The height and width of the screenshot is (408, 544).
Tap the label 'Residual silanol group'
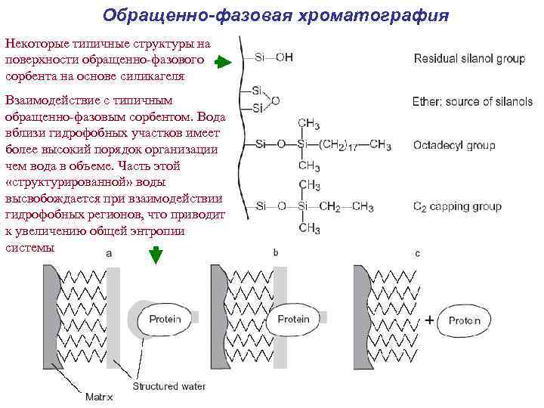pyautogui.click(x=469, y=58)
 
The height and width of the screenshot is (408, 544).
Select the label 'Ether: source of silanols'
pyautogui.click(x=472, y=102)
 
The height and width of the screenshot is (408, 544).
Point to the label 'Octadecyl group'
pyautogui.click(x=454, y=145)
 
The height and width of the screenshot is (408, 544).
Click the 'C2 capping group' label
pyautogui.click(x=457, y=206)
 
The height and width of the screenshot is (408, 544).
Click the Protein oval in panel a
pyautogui.click(x=165, y=320)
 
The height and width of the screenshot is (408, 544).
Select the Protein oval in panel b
pyautogui.click(x=293, y=320)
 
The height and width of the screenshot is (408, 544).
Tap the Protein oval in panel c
pyautogui.click(x=464, y=320)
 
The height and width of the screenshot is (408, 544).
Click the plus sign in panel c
pyautogui.click(x=429, y=320)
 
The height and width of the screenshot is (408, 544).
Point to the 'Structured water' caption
pyautogui.click(x=168, y=386)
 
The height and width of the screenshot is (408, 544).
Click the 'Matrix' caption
pyautogui.click(x=98, y=395)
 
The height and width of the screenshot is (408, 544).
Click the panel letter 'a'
pyautogui.click(x=109, y=255)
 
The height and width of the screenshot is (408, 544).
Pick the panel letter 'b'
pyautogui.click(x=275, y=253)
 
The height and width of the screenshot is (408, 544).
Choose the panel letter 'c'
pyautogui.click(x=417, y=254)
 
